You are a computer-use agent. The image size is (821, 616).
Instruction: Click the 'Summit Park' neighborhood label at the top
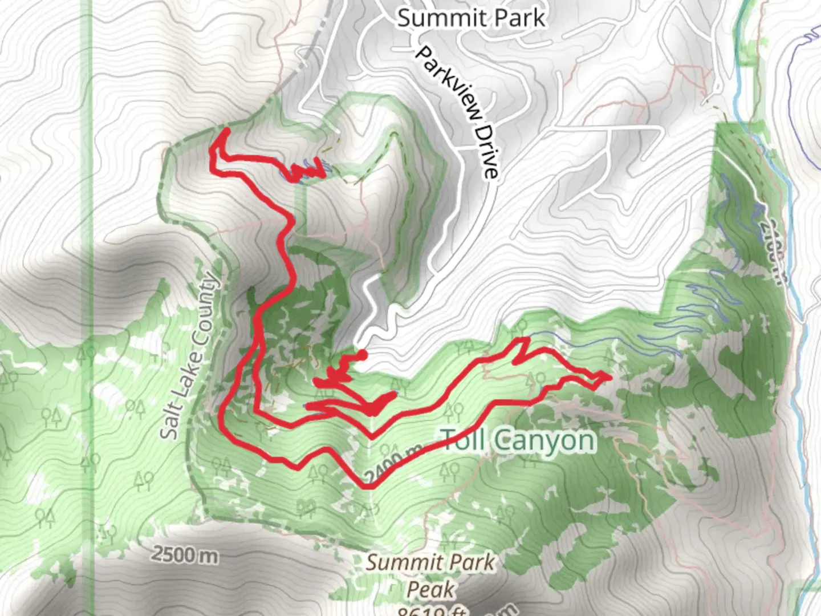click(471, 18)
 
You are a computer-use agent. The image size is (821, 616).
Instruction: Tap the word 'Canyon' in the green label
click(544, 440)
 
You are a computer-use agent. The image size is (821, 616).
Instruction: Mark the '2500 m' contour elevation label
click(184, 555)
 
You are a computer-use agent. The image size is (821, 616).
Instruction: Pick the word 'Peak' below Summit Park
click(430, 589)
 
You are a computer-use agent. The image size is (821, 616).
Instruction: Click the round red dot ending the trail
click(361, 355)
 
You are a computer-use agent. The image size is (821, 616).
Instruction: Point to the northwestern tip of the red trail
click(226, 131)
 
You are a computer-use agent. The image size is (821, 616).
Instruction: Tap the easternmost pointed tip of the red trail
click(609, 376)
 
